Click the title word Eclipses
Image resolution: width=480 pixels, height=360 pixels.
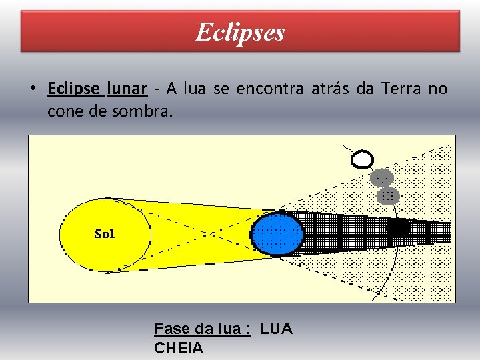(240, 32)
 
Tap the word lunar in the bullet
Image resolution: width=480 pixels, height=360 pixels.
(127, 89)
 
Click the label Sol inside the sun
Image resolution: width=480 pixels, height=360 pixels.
(105, 233)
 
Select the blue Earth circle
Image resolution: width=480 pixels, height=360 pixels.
(277, 233)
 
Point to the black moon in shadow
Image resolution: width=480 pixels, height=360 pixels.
(398, 227)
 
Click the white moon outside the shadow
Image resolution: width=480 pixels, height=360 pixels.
(362, 159)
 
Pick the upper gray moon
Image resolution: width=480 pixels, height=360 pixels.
(381, 177)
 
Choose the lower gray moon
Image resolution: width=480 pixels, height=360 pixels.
(387, 195)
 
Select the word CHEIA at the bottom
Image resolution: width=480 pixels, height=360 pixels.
(178, 347)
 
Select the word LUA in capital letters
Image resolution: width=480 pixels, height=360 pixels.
(276, 329)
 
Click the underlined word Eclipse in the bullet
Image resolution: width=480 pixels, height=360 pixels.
(73, 89)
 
